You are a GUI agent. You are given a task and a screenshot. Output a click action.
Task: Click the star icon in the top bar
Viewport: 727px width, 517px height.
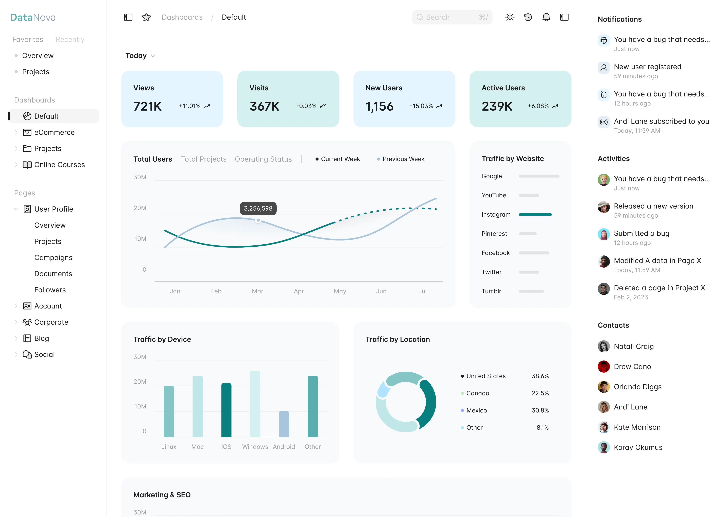coord(146,17)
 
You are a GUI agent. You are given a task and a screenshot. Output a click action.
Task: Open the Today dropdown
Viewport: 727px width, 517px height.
coord(140,56)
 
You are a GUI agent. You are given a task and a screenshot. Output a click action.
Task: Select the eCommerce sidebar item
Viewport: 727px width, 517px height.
coord(54,132)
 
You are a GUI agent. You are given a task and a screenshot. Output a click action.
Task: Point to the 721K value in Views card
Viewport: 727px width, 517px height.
coord(147,106)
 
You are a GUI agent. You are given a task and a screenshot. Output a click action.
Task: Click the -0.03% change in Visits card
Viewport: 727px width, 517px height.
coord(306,106)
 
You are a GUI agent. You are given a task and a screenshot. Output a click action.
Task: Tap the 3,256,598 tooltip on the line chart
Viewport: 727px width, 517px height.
coord(258,209)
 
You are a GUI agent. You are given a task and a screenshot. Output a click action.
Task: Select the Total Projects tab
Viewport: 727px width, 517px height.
coord(204,159)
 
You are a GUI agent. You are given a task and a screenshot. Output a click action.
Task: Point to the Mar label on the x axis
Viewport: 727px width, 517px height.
coord(257,291)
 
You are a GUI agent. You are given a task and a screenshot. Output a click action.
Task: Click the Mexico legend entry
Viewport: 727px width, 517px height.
coord(476,410)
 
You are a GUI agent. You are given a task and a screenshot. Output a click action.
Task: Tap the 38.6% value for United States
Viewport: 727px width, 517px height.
coord(540,376)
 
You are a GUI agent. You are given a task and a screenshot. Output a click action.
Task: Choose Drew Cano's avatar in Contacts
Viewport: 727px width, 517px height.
coord(603,367)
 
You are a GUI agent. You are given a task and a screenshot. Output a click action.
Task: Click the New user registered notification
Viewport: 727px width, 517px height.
coord(647,67)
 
